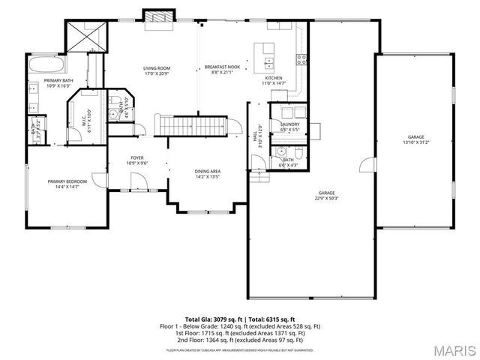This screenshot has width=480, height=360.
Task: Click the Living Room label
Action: tap(157, 68)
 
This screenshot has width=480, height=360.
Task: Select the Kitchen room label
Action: tap(272, 78)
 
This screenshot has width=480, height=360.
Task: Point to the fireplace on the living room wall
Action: tap(159, 16)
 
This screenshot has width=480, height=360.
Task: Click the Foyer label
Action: tap(137, 158)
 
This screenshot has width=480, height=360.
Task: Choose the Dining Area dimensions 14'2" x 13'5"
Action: tap(208, 177)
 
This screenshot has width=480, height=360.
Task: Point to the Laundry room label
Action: tap(289, 125)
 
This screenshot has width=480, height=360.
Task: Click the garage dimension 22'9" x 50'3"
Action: tap(326, 198)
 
